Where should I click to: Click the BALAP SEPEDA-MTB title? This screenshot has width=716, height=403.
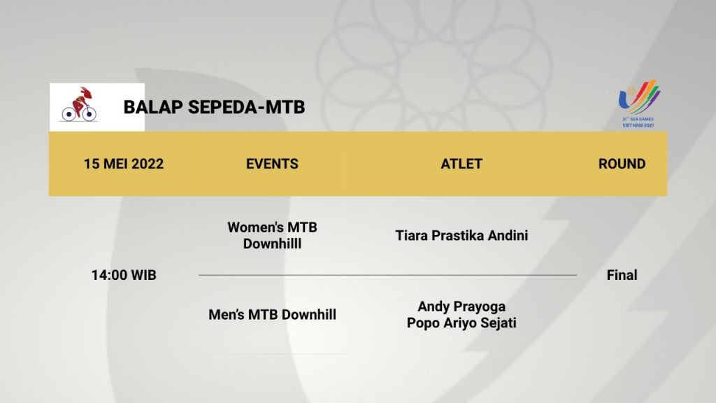(214, 107)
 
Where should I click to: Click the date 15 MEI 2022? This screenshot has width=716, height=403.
(124, 164)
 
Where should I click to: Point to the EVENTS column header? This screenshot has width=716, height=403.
(272, 164)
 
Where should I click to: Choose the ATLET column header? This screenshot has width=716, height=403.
(461, 164)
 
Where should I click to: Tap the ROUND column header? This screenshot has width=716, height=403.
(622, 164)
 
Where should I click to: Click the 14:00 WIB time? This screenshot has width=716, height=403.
(124, 275)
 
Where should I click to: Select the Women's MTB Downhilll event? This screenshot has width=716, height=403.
(272, 235)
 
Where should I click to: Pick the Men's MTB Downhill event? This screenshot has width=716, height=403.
(272, 314)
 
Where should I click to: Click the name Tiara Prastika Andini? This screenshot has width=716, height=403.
(461, 235)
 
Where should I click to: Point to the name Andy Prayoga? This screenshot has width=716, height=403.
(461, 306)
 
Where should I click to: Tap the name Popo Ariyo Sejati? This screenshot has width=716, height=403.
(461, 323)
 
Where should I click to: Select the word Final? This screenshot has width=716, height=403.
(622, 275)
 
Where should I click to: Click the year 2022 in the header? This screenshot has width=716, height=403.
(148, 164)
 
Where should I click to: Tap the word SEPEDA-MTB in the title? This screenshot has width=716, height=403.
(247, 107)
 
